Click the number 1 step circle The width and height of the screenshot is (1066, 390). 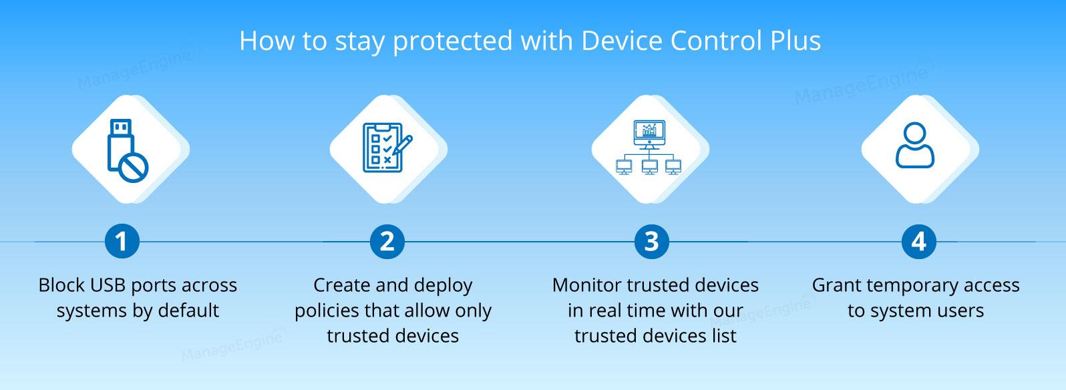[x=122, y=242]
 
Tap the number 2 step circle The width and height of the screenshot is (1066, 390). [x=387, y=242]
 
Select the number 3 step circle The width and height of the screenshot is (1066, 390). [x=651, y=242]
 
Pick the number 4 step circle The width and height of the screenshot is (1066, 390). [x=918, y=242]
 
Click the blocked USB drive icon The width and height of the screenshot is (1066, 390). [x=128, y=150]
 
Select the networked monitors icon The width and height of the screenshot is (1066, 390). [x=649, y=148]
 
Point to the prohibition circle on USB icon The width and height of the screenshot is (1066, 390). [x=134, y=168]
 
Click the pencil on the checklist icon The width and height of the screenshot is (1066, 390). [x=403, y=145]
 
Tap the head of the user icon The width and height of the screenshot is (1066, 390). [x=915, y=134]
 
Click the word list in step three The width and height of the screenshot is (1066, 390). [x=725, y=336]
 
